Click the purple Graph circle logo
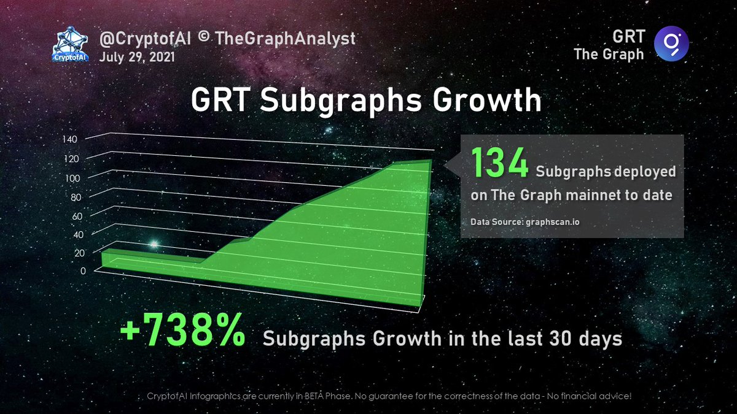[671, 45]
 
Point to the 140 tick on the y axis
[69, 139]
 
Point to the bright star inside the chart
[154, 244]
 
